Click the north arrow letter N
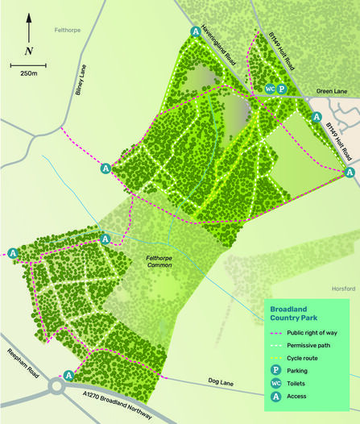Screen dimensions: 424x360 [29, 51]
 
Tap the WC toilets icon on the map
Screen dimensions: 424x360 [270, 89]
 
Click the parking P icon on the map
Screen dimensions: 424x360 [282, 89]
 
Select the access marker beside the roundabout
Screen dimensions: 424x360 [68, 375]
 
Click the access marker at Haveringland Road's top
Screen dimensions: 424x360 [195, 31]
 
